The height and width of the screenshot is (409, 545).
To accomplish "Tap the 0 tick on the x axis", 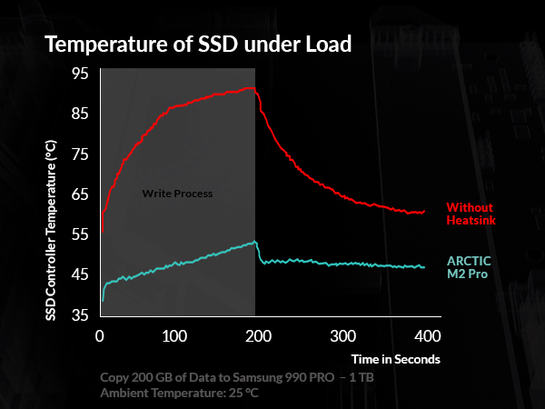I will (x=100, y=334).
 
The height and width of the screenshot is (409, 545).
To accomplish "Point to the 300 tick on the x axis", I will (x=342, y=334).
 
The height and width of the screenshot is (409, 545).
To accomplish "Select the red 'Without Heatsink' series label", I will (x=471, y=214).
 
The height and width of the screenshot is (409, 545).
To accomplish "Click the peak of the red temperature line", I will (x=251, y=88).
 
